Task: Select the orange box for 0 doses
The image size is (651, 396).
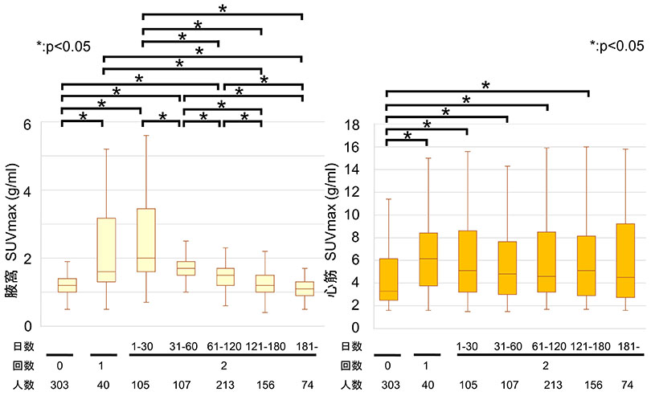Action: coord(389,280)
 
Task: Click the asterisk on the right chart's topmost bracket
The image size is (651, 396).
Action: coord(485,84)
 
